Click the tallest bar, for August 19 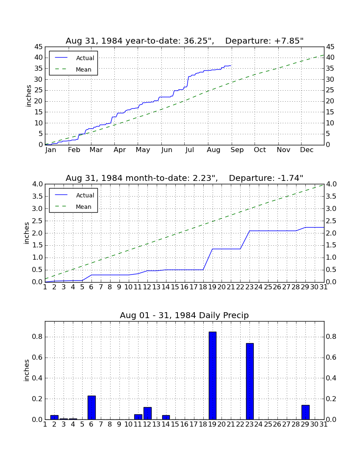point(212,375)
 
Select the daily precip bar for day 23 point(250,381)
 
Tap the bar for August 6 point(91,408)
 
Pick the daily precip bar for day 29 point(305,412)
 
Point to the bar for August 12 point(147,413)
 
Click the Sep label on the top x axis point(237,150)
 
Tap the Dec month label point(307,150)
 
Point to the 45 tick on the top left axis point(39,47)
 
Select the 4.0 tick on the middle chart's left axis point(37,184)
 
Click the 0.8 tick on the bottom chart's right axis point(331,337)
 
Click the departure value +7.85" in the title point(289,41)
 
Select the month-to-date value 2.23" point(205,178)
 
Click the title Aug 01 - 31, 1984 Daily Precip point(184,315)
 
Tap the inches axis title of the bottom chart point(27,370)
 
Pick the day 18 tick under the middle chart point(203,287)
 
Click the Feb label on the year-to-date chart point(74,150)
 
